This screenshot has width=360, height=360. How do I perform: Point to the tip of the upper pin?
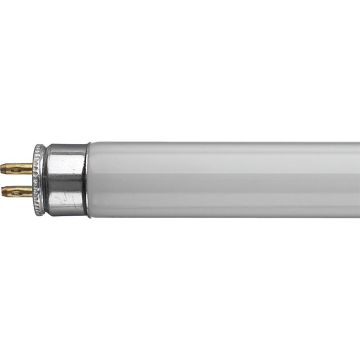point(3,167)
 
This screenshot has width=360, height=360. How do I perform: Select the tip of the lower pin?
point(3,192)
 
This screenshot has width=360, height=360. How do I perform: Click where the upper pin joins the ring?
point(32,167)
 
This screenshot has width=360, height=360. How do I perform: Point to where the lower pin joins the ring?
point(32,192)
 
